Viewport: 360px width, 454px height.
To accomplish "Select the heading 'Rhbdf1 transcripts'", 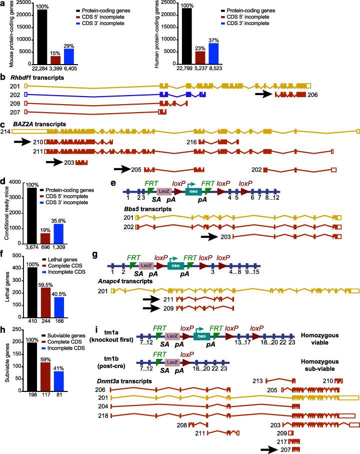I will click(32, 78).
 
